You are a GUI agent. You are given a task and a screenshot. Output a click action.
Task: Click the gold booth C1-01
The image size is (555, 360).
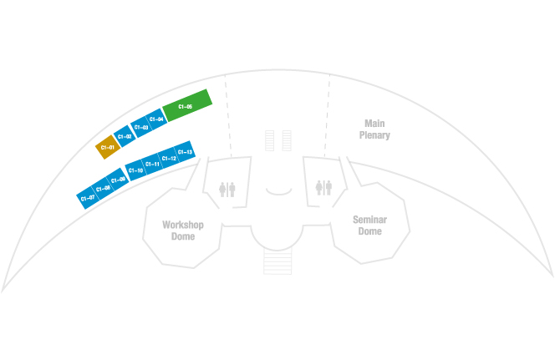(x=107, y=147)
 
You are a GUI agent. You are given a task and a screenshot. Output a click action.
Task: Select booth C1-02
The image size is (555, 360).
(x=125, y=135)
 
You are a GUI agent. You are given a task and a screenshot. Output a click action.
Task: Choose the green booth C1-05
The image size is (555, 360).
(x=186, y=106)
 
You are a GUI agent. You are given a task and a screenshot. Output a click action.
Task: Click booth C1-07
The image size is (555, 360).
(x=86, y=198)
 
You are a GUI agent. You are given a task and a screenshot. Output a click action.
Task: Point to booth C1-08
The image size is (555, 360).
(x=103, y=188)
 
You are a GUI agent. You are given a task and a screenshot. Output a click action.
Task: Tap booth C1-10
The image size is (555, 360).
(x=135, y=170)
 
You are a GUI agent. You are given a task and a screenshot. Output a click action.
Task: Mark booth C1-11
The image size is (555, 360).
(x=152, y=164)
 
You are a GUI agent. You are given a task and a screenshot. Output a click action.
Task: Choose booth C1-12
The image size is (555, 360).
(x=169, y=157)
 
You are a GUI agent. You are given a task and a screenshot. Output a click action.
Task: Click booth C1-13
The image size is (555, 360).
(x=186, y=152)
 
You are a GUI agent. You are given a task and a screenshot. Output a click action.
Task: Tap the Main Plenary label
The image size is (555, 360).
(x=374, y=129)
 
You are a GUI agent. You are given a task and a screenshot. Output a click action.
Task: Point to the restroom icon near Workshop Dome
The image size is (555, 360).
(x=227, y=189)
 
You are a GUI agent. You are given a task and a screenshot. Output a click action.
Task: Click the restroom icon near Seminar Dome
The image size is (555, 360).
(x=324, y=187)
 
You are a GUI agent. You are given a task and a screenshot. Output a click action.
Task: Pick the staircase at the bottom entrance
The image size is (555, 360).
(x=277, y=262)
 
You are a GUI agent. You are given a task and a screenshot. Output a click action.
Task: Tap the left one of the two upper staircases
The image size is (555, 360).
(x=269, y=140)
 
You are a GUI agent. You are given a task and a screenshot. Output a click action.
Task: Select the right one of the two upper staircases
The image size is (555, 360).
(x=287, y=140)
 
